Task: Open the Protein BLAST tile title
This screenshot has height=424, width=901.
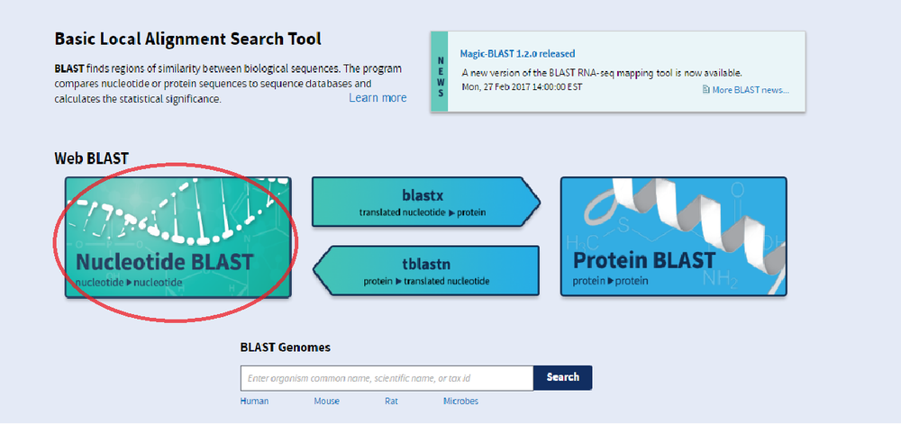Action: click(644, 261)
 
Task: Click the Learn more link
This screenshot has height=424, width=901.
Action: click(378, 97)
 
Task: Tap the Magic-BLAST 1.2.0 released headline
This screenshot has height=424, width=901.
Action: click(517, 54)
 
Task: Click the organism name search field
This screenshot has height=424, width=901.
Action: click(387, 377)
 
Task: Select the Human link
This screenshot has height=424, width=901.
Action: click(254, 401)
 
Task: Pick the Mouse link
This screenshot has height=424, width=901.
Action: click(327, 401)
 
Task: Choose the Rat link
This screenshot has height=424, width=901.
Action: click(391, 401)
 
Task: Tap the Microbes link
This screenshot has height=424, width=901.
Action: click(460, 401)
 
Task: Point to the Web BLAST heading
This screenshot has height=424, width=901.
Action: click(91, 159)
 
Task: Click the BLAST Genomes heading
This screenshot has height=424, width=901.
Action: click(285, 347)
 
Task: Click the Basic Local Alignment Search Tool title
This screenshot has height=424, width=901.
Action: click(187, 40)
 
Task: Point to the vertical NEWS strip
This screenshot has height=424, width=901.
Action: click(440, 71)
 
